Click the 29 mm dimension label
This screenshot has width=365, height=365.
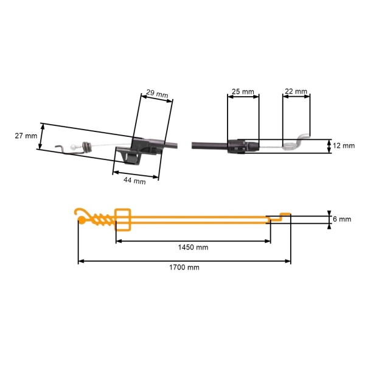click(157, 94)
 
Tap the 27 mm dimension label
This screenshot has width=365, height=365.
click(26, 136)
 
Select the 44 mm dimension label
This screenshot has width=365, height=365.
click(134, 180)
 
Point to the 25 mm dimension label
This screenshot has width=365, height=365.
click(243, 92)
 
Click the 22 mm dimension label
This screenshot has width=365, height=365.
click(296, 91)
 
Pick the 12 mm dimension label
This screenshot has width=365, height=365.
click(344, 146)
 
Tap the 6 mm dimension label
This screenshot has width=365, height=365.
click(342, 219)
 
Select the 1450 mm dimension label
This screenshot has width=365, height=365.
click(193, 247)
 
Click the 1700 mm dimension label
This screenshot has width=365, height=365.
click(184, 267)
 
